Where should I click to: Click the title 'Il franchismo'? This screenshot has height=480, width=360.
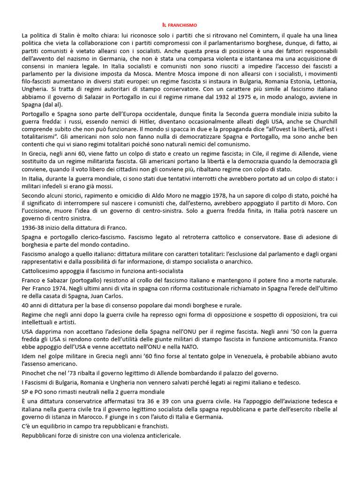coord(180,24)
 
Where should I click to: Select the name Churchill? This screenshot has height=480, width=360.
coord(324,121)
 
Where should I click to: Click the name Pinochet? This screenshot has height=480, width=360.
coord(36,373)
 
